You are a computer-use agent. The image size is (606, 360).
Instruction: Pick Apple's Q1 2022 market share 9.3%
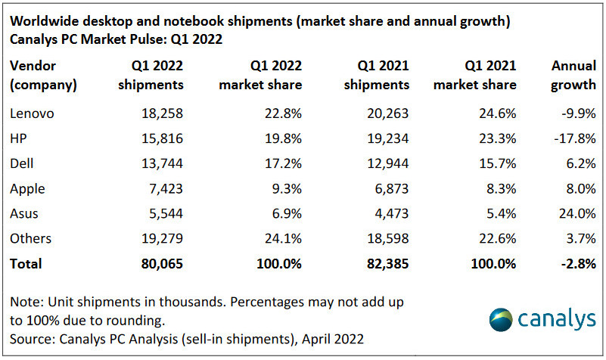pos(286,188)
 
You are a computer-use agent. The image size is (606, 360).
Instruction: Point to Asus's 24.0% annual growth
pos(576,213)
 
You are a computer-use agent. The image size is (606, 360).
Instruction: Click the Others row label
pos(30,238)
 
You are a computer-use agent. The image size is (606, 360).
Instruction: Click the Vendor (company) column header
pos(43,75)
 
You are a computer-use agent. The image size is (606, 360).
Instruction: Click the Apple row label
pos(27,188)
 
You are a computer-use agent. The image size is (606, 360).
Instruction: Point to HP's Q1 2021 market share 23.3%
pos(496,138)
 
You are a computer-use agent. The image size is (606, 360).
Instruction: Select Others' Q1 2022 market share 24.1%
pos(283,238)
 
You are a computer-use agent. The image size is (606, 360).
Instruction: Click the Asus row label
pos(25,213)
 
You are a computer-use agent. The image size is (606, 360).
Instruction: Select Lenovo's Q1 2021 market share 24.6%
pos(496,113)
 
